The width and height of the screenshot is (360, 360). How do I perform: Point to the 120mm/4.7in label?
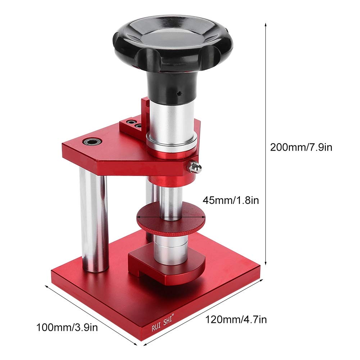(x=236, y=319)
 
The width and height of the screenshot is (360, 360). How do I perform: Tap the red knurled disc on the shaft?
(x=170, y=220)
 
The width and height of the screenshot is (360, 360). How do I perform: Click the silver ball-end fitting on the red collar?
(x=195, y=167)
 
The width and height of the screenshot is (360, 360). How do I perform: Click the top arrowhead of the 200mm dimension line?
(x=266, y=24)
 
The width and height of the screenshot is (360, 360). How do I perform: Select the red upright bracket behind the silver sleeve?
(x=145, y=111)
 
